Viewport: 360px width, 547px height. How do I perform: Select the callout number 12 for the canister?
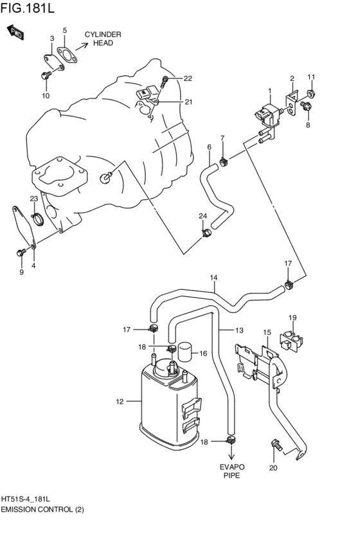point(119,402)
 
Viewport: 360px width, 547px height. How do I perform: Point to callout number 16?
point(203,354)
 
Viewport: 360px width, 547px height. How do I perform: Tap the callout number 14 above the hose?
point(213,278)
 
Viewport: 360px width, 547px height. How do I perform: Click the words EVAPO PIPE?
point(231,472)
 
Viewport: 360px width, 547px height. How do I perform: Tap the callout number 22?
point(188,78)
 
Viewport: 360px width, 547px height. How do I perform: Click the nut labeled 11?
point(310,95)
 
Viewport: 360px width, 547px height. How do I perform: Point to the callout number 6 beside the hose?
point(209,147)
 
